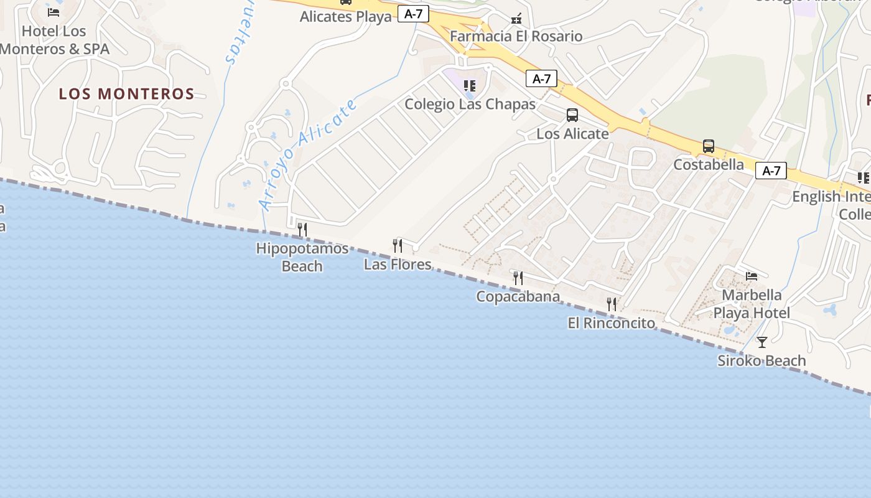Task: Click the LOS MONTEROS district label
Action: tap(126, 94)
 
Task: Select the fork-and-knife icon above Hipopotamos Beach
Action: tap(302, 230)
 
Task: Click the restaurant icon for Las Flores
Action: tap(398, 246)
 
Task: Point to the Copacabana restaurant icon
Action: tap(518, 278)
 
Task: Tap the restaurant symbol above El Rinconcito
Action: tap(612, 304)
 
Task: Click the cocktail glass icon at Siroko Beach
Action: tap(762, 342)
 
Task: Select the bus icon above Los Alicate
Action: tap(572, 115)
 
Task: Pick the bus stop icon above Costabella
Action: tap(708, 146)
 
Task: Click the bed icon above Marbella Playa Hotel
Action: tap(752, 276)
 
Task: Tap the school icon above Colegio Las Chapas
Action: tap(470, 86)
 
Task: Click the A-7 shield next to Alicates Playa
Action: tap(414, 14)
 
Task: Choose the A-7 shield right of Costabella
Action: tap(771, 171)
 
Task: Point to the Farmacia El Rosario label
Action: tap(516, 36)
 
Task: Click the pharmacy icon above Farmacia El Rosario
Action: tap(516, 19)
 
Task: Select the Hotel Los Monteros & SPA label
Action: tap(54, 40)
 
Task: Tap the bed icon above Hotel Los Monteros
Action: tap(54, 12)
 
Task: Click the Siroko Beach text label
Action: tap(762, 360)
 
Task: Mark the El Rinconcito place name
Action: tap(611, 323)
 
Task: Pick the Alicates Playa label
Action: tap(346, 17)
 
